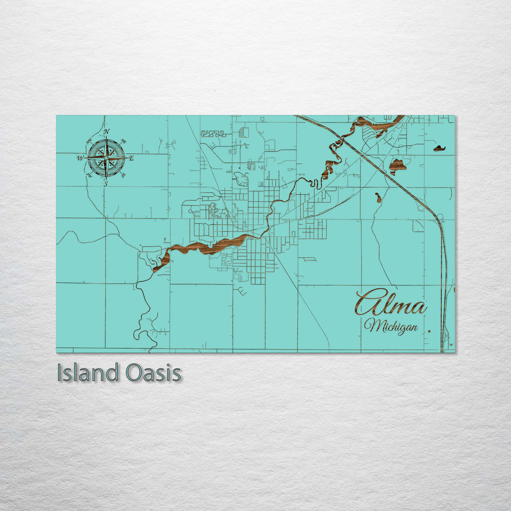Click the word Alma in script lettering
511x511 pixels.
(391, 303)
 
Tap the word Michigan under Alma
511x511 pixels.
(391, 326)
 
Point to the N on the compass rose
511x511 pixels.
(106, 132)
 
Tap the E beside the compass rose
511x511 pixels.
(131, 158)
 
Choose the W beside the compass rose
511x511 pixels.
(80, 158)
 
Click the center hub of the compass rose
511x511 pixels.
(106, 157)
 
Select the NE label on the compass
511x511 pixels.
(123, 141)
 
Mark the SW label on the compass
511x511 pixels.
(88, 175)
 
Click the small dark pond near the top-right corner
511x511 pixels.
(440, 148)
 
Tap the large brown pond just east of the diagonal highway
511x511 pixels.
(397, 166)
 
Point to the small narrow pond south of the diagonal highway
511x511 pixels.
(378, 197)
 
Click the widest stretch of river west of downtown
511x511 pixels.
(208, 247)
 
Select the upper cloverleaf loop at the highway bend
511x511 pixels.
(419, 206)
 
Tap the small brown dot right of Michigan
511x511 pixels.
(429, 331)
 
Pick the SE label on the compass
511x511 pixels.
(123, 176)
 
